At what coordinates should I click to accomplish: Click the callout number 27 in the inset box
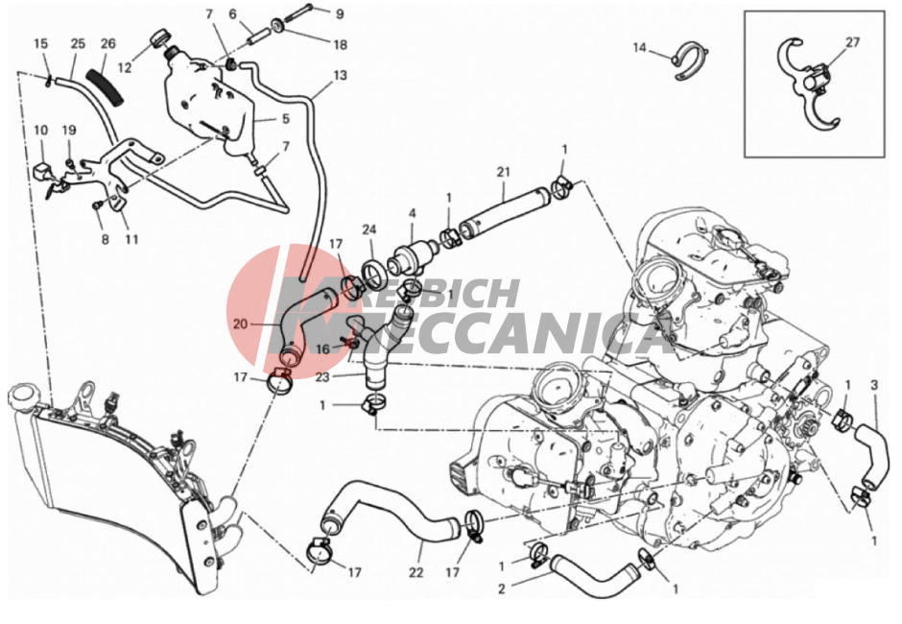[x=852, y=42]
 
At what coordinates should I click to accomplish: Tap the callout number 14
[x=640, y=47]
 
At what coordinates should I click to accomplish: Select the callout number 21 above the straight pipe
[x=504, y=172]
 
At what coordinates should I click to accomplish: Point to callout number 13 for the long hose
[x=340, y=76]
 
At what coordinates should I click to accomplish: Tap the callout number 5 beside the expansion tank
[x=285, y=119]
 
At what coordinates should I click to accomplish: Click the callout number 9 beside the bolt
[x=340, y=13]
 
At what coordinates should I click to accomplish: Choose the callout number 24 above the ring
[x=368, y=229]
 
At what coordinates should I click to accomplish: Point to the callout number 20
[x=240, y=324]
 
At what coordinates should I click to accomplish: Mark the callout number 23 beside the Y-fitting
[x=322, y=377]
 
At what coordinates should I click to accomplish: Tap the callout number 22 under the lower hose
[x=415, y=572]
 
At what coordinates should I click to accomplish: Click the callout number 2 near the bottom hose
[x=501, y=588]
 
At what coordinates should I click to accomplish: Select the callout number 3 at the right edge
[x=874, y=385]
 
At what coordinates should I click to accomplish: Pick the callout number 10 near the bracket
[x=41, y=131]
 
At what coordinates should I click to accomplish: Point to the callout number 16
[x=322, y=349]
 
